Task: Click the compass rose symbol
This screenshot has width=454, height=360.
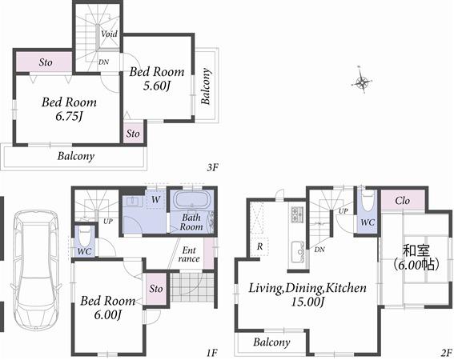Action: tap(364, 81)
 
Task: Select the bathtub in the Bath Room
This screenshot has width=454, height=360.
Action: tap(191, 202)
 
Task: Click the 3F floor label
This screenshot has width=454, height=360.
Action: tap(212, 167)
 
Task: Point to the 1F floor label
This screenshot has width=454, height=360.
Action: tap(211, 351)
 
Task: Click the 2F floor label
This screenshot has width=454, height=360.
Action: tap(446, 351)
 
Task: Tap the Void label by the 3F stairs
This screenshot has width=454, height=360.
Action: tap(110, 34)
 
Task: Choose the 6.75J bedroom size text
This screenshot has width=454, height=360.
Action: tap(70, 118)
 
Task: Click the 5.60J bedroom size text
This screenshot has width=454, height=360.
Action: tap(155, 86)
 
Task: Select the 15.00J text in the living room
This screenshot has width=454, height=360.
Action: tap(307, 302)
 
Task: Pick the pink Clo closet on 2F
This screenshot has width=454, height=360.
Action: tap(402, 199)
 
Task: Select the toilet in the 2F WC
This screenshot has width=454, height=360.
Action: tap(367, 199)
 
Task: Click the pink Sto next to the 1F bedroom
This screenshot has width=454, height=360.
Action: tap(156, 288)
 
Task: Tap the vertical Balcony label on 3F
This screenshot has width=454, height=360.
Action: tap(207, 86)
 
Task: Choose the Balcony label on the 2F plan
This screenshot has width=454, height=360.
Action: tap(271, 342)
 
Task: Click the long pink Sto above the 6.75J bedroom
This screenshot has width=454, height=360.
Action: tap(46, 61)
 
